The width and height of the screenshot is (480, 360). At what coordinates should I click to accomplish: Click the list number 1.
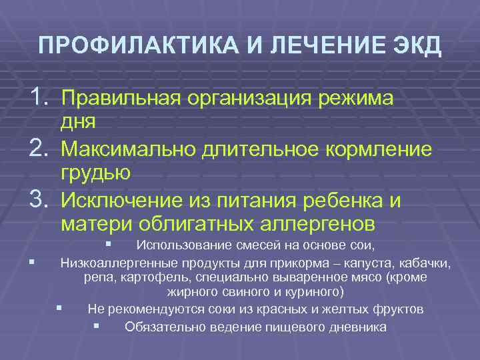tap(37, 99)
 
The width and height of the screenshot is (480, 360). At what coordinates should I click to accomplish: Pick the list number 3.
tap(37, 199)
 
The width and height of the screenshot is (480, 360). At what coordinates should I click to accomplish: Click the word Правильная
tap(121, 99)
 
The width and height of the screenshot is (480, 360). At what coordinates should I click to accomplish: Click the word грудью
tap(95, 173)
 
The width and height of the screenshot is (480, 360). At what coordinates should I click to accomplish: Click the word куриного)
tap(313, 292)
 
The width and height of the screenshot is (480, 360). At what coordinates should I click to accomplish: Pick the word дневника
tap(357, 327)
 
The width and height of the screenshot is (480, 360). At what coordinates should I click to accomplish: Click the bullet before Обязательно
tap(97, 326)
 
